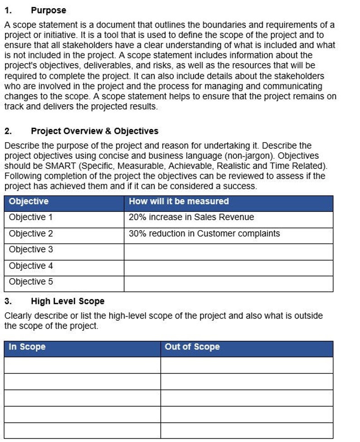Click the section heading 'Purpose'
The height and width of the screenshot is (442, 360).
[48, 10]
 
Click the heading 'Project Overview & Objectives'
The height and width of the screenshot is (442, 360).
[94, 131]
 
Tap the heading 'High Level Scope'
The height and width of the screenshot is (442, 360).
[68, 301]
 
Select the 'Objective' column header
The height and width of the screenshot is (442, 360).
[29, 201]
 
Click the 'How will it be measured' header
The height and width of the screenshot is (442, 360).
[179, 201]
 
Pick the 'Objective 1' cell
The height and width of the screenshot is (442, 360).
[31, 217]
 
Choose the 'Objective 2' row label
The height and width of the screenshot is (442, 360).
[31, 234]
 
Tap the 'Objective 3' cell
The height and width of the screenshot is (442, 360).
[31, 250]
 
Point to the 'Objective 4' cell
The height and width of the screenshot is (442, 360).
[31, 266]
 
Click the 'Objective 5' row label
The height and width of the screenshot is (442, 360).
[31, 282]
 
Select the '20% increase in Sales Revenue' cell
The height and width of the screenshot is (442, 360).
[191, 217]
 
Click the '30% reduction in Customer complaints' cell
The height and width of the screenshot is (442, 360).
[204, 234]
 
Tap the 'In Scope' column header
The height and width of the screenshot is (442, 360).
[27, 347]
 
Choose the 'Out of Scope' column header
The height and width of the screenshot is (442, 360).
[192, 347]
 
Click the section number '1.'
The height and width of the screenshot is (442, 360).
[8, 10]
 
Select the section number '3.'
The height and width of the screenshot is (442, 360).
[8, 301]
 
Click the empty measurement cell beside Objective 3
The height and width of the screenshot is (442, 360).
[228, 250]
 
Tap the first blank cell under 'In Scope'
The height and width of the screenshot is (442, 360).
[82, 365]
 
